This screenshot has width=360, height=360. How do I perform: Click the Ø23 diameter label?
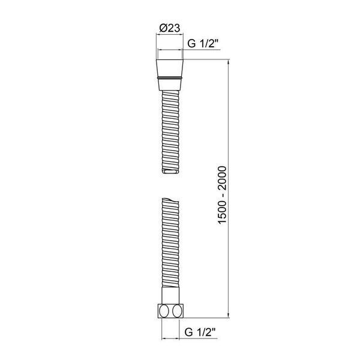169,28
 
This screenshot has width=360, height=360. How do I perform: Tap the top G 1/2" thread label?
202,43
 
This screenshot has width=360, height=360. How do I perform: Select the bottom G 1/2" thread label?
200,332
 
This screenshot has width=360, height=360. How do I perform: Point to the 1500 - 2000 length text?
222,195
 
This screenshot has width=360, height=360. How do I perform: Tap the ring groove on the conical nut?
170,78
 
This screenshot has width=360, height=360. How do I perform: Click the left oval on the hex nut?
164,311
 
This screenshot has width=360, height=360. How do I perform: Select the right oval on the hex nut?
177,311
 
